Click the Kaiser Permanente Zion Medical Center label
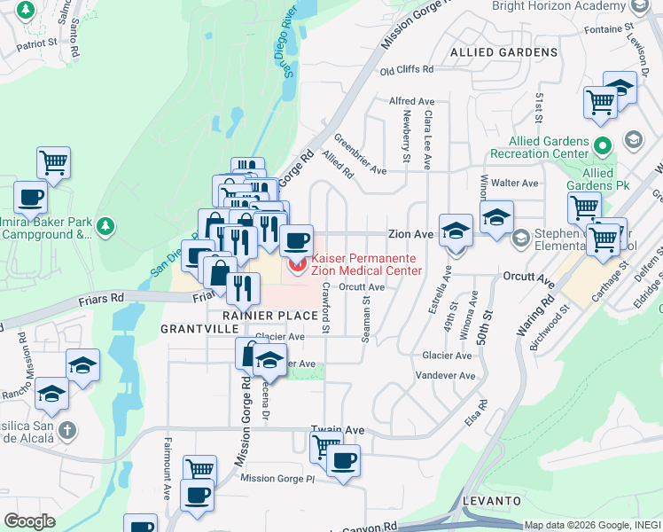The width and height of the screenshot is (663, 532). (366, 263)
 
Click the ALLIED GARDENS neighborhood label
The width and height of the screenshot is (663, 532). (504, 52)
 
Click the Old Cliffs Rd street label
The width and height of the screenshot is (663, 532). (407, 69)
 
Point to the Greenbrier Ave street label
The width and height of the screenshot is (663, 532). (360, 155)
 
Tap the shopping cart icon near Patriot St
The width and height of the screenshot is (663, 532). (53, 163)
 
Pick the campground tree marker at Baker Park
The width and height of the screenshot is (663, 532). (105, 227)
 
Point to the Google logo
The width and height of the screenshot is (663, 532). (30, 521)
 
